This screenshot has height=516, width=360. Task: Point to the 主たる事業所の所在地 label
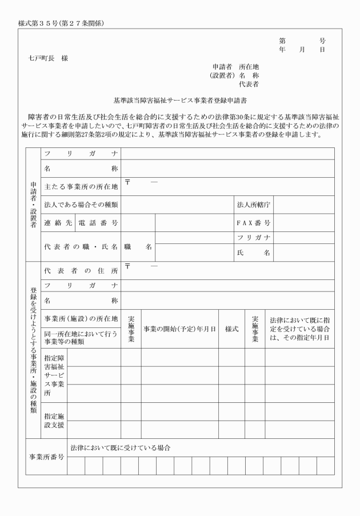click(81, 187)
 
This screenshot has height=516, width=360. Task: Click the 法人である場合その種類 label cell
click(81, 204)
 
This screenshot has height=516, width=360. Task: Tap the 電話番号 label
click(98, 222)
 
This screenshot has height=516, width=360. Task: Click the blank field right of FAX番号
click(303, 222)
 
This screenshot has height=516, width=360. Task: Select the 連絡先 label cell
click(58, 222)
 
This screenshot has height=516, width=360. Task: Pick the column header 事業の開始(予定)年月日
click(179, 329)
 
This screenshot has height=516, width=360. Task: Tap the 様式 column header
click(231, 329)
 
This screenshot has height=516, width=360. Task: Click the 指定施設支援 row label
click(54, 421)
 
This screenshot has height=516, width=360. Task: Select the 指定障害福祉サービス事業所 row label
click(54, 375)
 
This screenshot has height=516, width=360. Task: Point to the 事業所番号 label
click(46, 457)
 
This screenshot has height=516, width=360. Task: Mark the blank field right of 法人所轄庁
click(303, 204)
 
